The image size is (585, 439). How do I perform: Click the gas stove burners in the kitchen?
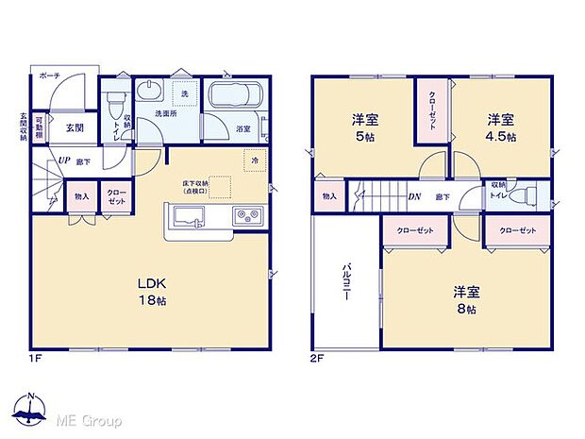tap(247, 216)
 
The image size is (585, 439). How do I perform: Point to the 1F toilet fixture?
tap(115, 100)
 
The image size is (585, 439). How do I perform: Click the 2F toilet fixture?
tap(528, 196)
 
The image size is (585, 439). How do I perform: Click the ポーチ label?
tap(49, 75)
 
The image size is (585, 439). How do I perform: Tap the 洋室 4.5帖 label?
tap(501, 127)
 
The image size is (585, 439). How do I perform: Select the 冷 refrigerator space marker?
tap(255, 160)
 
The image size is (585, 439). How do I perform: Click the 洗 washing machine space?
tap(186, 95)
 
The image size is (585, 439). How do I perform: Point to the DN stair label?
tap(413, 197)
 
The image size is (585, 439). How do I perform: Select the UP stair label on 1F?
tap(63, 161)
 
